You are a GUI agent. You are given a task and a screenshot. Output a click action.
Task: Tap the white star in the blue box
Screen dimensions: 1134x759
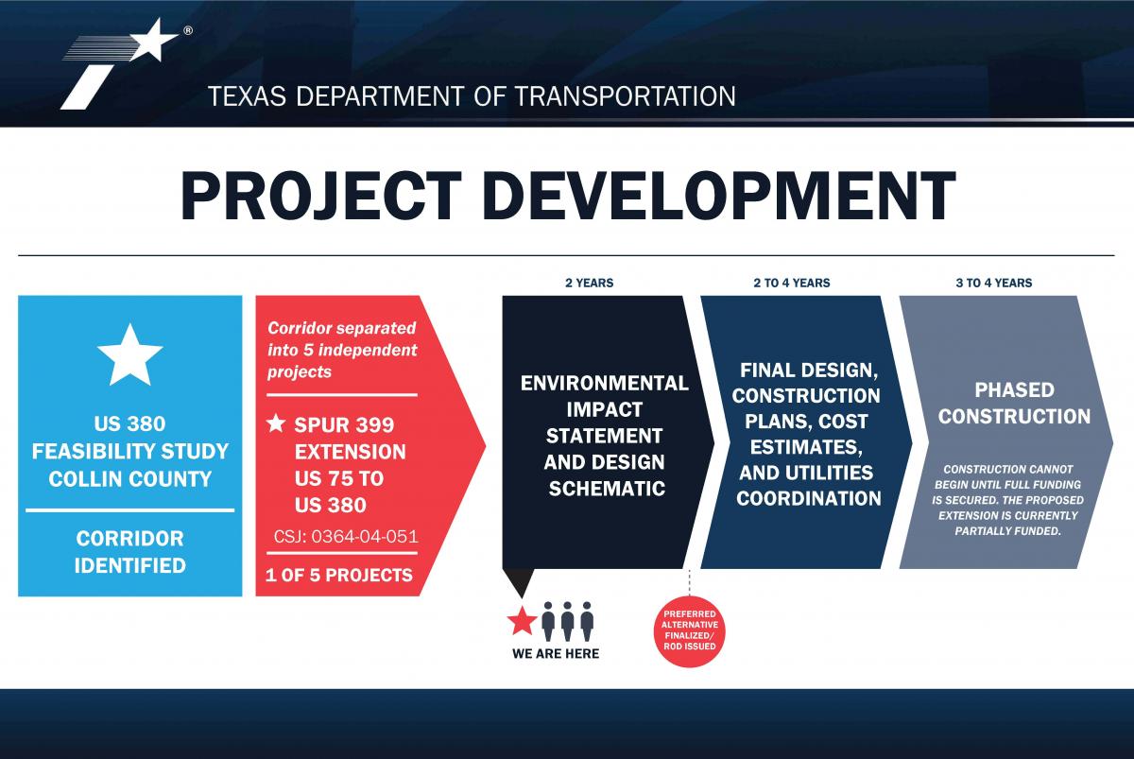tap(129, 356)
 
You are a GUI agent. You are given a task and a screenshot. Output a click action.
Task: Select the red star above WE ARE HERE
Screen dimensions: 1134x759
tap(522, 621)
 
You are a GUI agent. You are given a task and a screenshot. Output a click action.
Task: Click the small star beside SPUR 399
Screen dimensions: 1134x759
tap(276, 423)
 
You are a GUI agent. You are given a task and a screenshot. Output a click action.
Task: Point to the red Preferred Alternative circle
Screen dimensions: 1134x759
tap(689, 631)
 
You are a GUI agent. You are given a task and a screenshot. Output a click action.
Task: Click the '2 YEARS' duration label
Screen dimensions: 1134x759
tap(590, 283)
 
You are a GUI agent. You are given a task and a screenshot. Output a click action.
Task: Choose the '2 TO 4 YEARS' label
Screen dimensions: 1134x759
tap(792, 283)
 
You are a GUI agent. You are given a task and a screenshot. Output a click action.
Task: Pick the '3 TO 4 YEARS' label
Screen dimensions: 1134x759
tap(994, 283)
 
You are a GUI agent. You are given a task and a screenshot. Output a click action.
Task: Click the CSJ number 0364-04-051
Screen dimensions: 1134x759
tap(346, 537)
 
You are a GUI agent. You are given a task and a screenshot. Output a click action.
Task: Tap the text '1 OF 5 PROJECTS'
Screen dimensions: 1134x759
tap(339, 576)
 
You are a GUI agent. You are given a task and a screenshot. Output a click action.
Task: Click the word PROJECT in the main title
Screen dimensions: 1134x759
tap(320, 196)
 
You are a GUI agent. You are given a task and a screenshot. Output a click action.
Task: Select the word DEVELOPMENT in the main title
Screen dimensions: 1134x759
tap(719, 196)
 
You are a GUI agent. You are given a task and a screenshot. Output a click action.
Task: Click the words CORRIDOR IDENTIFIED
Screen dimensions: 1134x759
tap(130, 552)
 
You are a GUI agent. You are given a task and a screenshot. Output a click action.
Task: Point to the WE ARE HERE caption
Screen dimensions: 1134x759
tap(556, 654)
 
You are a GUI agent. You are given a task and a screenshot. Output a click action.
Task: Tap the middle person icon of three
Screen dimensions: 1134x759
tap(567, 621)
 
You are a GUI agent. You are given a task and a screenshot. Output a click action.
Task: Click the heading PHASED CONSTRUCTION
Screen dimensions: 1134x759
tap(1014, 403)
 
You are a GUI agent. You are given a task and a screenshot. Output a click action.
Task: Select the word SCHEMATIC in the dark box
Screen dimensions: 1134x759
tap(607, 489)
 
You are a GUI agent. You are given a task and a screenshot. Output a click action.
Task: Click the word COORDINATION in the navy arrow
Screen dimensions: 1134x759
tap(809, 499)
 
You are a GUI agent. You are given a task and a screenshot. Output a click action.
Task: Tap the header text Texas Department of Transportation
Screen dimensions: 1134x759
tap(472, 96)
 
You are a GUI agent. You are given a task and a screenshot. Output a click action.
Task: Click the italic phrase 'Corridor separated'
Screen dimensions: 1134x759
tap(342, 328)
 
